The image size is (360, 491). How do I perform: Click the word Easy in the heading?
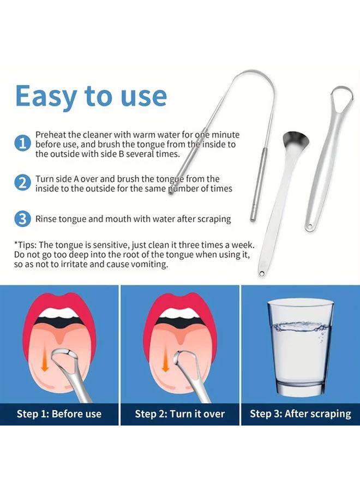click(x=46, y=96)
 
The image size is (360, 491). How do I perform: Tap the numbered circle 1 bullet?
click(x=22, y=143)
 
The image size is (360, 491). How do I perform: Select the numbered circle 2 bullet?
click(x=22, y=183)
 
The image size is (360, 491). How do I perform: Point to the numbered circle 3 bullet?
click(x=22, y=219)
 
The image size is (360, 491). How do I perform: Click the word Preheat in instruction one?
click(x=51, y=135)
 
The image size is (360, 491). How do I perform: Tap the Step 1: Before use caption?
click(x=59, y=414)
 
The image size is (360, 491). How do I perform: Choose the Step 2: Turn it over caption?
click(x=179, y=414)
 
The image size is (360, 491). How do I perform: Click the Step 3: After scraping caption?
click(x=300, y=414)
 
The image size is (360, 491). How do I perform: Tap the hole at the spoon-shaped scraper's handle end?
click(x=261, y=274)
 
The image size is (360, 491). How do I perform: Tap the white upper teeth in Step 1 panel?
click(x=59, y=313)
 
